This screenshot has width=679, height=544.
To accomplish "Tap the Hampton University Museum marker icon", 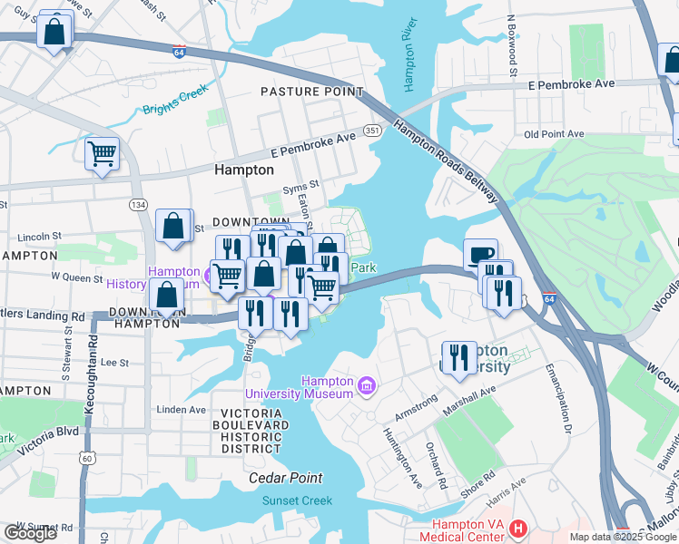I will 367,387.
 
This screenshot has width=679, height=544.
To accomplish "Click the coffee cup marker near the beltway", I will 480,253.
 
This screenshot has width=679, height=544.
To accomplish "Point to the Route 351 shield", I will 372,131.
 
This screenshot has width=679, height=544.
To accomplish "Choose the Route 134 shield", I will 138,206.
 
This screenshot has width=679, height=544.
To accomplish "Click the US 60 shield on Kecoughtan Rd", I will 87,458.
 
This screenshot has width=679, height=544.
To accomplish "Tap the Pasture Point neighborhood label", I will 311,92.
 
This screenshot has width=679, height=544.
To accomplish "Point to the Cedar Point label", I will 286,478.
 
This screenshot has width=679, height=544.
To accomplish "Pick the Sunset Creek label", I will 297,500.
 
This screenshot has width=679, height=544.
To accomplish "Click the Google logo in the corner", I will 30,533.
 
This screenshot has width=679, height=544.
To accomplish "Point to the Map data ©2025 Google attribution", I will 622,538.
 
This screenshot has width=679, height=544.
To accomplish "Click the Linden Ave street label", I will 182,410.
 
